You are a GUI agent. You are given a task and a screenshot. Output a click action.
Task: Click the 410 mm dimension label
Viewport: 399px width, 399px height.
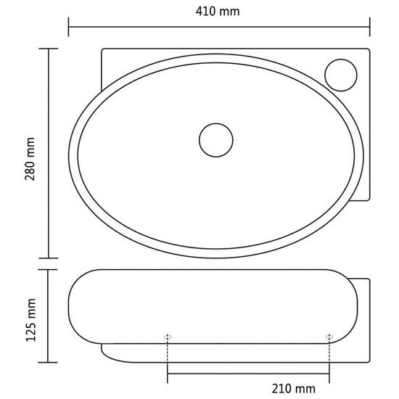click(218, 12)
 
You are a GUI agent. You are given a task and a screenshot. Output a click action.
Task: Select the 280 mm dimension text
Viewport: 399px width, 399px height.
click(30, 159)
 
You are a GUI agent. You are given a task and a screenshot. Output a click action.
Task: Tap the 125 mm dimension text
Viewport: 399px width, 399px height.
click(30, 320)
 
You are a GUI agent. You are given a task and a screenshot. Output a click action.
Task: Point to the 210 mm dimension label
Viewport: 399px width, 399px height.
click(293, 389)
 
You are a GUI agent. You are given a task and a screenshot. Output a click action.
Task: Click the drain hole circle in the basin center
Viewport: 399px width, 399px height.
click(216, 140)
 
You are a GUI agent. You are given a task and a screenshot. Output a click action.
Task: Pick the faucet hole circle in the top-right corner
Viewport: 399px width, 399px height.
click(341, 75)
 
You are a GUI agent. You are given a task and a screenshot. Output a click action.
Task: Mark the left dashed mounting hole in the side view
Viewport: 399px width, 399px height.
click(168, 337)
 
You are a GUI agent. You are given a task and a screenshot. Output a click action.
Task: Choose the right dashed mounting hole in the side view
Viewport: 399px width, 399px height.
click(329, 337)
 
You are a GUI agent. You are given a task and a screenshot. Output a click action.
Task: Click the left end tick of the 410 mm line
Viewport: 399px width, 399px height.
click(68, 27)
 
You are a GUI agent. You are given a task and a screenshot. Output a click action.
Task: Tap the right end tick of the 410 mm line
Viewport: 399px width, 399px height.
click(370, 27)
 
